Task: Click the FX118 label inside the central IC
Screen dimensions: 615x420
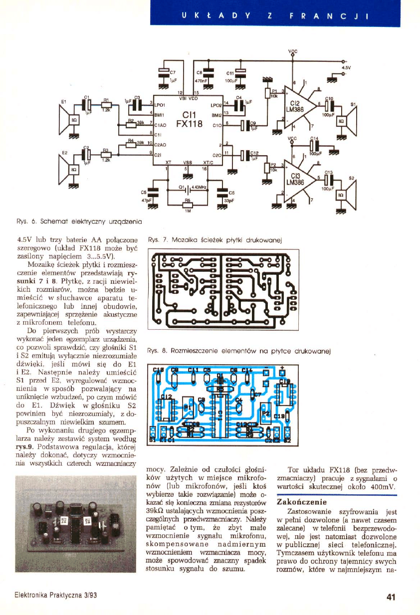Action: coord(189,125)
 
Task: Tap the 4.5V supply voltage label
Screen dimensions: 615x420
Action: coord(346,66)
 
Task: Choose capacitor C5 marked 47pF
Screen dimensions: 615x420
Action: coord(155,192)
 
